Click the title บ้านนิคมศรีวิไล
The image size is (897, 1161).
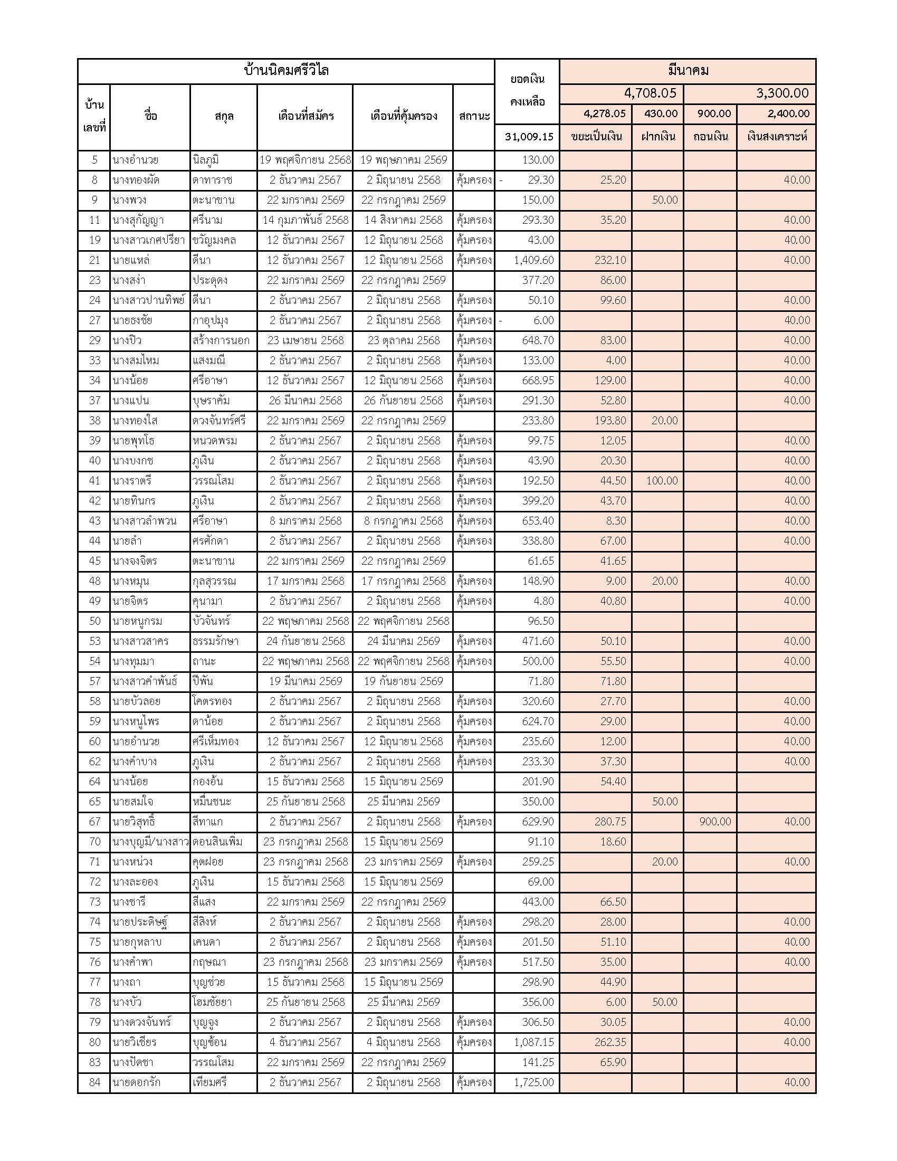(286, 71)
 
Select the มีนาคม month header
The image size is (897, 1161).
(688, 71)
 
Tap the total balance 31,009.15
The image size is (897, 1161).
(529, 137)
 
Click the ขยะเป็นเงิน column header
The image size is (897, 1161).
(596, 137)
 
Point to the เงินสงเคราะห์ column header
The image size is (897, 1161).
(776, 137)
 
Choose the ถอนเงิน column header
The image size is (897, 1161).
(711, 137)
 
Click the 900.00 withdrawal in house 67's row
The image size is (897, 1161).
(715, 822)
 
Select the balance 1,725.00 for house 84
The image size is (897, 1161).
(533, 1082)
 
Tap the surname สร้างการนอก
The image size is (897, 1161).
(221, 340)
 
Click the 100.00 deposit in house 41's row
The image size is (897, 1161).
(662, 481)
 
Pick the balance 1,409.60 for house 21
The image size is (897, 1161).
(533, 260)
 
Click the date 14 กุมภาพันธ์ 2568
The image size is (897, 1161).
(306, 220)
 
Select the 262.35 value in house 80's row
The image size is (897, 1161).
(610, 1042)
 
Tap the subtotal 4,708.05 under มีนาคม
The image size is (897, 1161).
(650, 93)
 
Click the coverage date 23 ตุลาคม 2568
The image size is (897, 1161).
(403, 340)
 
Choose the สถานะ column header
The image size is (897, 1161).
(474, 116)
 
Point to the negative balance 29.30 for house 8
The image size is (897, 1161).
(540, 180)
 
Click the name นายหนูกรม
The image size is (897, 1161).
(138, 621)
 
